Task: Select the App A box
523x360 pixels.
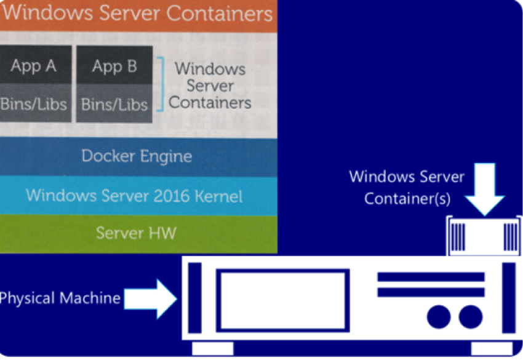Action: click(x=34, y=66)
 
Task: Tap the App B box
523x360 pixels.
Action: click(x=114, y=66)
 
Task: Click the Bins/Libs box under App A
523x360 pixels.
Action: click(x=34, y=103)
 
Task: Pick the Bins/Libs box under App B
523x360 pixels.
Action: click(x=114, y=103)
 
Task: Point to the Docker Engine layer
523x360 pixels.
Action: click(x=137, y=156)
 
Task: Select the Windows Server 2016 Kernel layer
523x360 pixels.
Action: click(x=134, y=196)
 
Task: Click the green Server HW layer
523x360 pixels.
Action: click(x=137, y=233)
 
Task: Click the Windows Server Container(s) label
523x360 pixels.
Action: click(x=407, y=188)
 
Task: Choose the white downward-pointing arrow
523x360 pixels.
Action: click(x=484, y=188)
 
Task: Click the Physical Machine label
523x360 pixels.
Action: click(x=59, y=298)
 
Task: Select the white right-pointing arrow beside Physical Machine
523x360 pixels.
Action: click(x=151, y=298)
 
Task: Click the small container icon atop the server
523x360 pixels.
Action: click(x=484, y=235)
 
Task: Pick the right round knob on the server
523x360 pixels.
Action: click(x=471, y=316)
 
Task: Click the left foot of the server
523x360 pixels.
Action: click(x=212, y=349)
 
